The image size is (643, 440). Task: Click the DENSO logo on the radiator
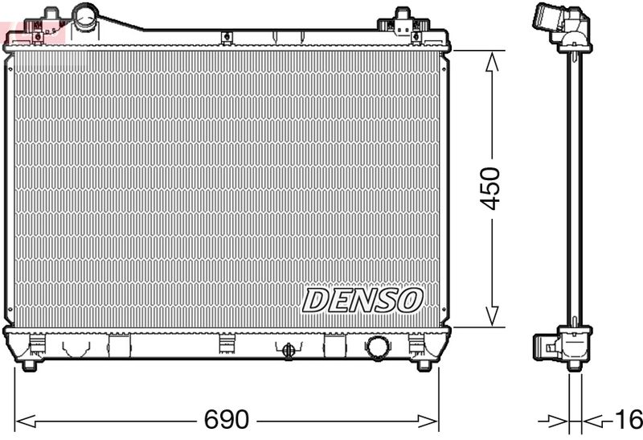362,300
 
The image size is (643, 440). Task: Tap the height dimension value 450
490,188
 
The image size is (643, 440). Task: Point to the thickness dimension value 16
629,420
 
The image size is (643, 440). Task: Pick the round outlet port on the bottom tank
378,347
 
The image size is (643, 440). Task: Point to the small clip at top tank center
227,36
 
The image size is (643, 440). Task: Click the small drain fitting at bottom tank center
287,349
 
